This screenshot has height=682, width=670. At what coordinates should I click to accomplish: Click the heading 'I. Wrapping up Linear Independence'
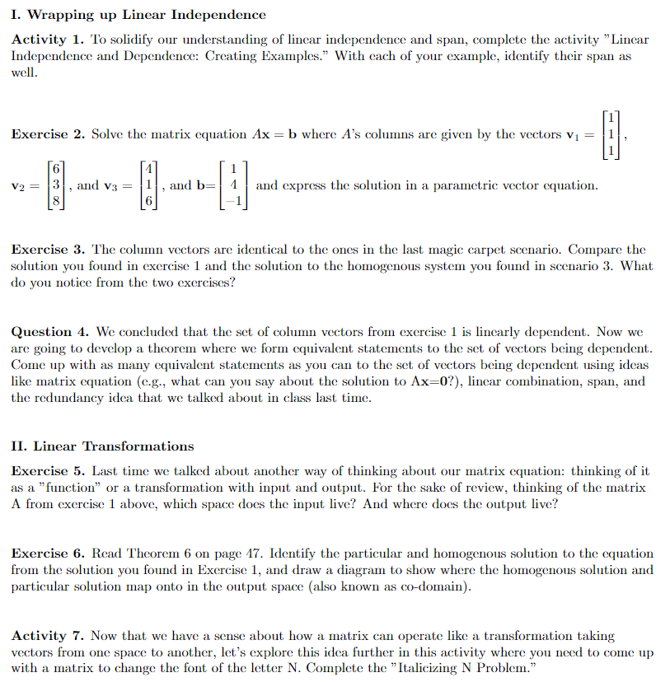(138, 15)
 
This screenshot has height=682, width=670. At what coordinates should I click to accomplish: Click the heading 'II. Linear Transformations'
(103, 446)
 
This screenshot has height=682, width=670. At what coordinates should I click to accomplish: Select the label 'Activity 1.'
(47, 40)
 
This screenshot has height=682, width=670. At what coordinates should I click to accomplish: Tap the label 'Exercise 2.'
(47, 134)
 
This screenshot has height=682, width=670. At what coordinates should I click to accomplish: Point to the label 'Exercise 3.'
(47, 249)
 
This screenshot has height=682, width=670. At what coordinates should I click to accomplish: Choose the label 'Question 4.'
(49, 332)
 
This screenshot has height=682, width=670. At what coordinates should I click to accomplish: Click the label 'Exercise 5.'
(47, 471)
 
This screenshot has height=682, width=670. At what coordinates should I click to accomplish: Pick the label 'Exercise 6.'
(47, 554)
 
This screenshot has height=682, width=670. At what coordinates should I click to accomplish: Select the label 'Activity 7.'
(47, 636)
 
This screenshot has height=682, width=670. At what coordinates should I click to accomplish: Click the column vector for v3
(148, 186)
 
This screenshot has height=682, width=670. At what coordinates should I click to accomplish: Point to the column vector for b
(233, 186)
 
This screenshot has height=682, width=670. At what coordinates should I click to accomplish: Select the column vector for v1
(610, 134)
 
